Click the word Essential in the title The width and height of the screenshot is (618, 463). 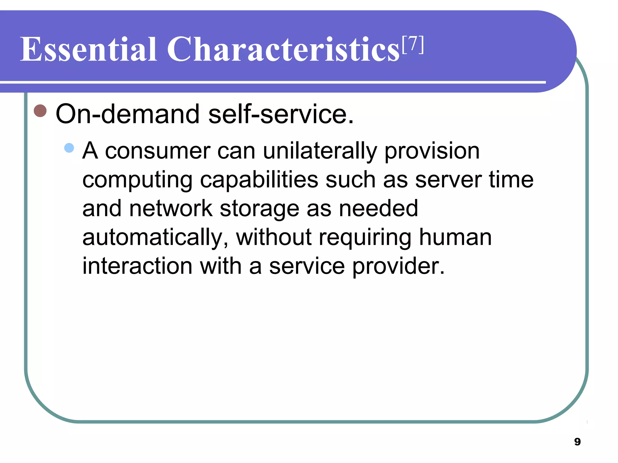(88, 49)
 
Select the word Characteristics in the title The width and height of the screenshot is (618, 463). (283, 49)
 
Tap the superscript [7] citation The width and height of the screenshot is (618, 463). (413, 45)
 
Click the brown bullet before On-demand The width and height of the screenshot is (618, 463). (40, 111)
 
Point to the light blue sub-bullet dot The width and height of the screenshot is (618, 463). (69, 148)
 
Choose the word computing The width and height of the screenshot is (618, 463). (137, 180)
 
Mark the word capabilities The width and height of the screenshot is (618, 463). (259, 180)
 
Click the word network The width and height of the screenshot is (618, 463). (171, 208)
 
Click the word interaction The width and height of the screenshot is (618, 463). (137, 266)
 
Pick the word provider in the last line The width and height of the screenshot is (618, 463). (398, 266)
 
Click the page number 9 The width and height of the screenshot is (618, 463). (577, 442)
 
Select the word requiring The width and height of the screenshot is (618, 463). (365, 238)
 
